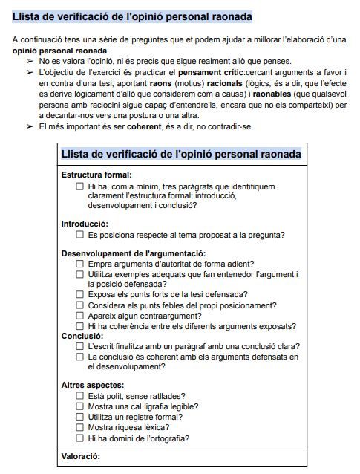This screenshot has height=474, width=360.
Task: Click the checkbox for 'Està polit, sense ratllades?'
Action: (x=80, y=396)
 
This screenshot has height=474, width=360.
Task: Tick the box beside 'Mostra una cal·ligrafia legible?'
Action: (x=80, y=406)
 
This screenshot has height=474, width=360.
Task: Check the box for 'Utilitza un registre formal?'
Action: (x=80, y=417)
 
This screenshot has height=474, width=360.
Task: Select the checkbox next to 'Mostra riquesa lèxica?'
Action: (x=80, y=427)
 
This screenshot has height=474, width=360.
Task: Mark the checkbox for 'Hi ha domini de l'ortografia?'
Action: (x=80, y=438)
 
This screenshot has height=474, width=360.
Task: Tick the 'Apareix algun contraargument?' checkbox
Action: (x=80, y=315)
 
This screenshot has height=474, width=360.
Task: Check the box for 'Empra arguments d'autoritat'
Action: (x=80, y=264)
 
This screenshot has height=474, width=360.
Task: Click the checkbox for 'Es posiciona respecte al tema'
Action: (x=80, y=235)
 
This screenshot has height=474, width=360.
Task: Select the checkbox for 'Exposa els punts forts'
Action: (x=80, y=294)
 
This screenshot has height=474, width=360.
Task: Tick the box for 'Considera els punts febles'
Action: (x=80, y=305)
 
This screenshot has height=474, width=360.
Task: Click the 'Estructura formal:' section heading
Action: (x=96, y=175)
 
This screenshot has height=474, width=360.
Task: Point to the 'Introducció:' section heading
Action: (x=85, y=224)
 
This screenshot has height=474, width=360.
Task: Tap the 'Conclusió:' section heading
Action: (x=82, y=336)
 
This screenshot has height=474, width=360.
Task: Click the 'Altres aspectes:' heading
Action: (x=93, y=385)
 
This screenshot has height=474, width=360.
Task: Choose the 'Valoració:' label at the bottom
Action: (x=80, y=455)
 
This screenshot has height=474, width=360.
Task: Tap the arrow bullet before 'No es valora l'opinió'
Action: (x=30, y=61)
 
